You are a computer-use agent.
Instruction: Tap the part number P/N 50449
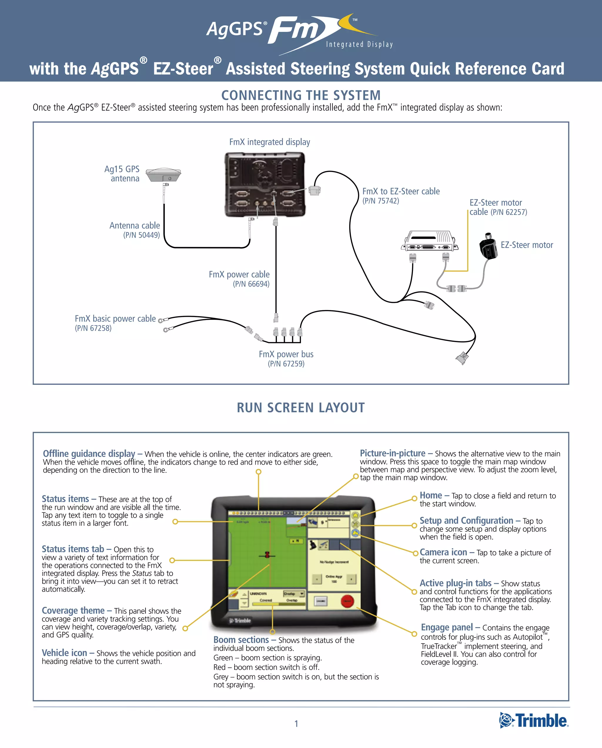coord(141,235)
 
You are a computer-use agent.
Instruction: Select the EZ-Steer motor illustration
coord(489,246)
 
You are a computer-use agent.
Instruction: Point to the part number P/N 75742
coord(381,201)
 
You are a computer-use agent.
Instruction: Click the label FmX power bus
coord(286,354)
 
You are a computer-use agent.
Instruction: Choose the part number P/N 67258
coord(93,328)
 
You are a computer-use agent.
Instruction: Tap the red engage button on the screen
coord(347,601)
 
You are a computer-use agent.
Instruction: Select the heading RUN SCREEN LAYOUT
coord(301,408)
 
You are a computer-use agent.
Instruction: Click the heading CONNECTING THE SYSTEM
coord(301,95)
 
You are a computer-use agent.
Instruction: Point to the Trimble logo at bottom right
coord(534,721)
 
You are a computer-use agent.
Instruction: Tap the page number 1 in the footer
coord(296,724)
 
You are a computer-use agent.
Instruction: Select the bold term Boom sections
coord(241,640)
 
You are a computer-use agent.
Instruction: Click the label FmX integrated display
coord(270,142)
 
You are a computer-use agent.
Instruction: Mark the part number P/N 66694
coord(251,284)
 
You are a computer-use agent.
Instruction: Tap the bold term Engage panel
coord(447,627)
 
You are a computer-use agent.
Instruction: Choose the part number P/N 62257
coord(509,212)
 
